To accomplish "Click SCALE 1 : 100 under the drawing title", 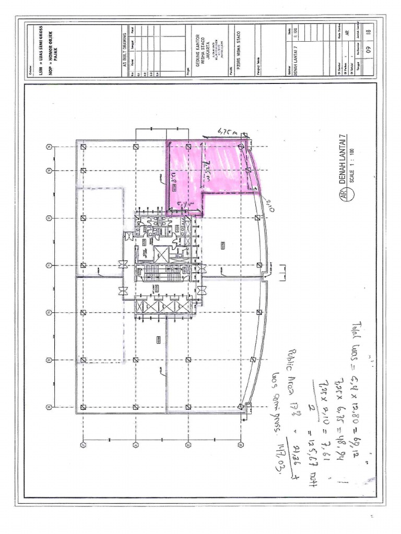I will click(x=352, y=162).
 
